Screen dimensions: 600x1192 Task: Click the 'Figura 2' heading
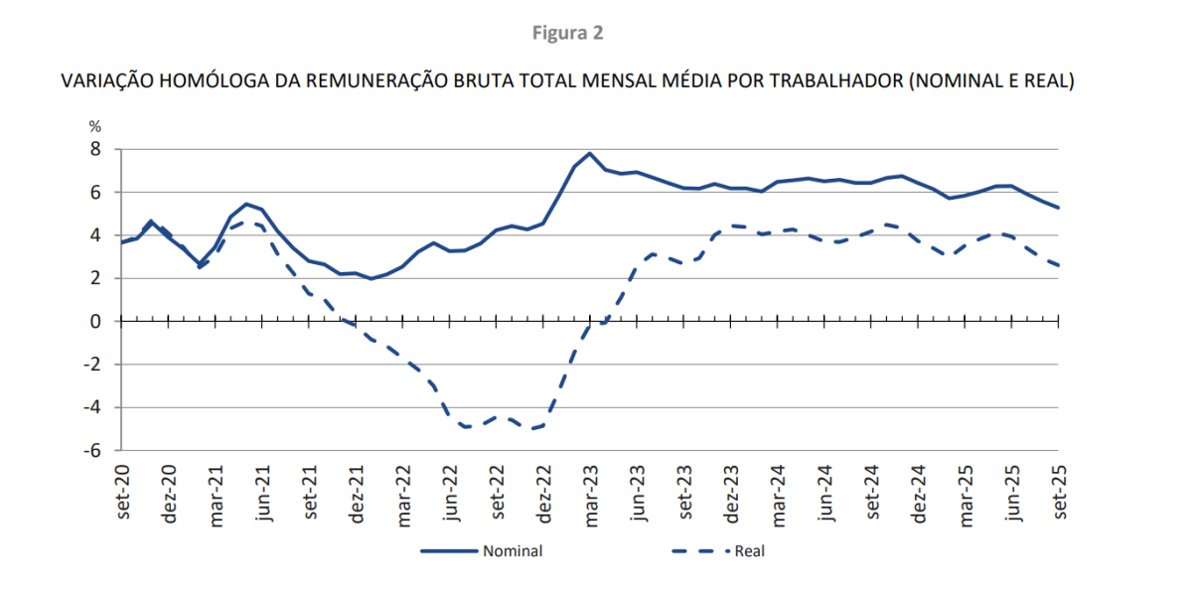coord(567,33)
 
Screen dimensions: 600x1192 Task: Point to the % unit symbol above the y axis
coord(95,127)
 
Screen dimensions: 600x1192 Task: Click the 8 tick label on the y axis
coord(96,149)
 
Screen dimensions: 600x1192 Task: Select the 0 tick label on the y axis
coord(96,321)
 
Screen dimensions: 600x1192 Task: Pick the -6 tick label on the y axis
coord(93,450)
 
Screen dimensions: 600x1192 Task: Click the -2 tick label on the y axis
coord(93,365)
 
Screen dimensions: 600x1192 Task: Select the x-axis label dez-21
coord(357,493)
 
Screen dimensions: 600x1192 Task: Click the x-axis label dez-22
coord(544,493)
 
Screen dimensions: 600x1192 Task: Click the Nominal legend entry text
coord(513,551)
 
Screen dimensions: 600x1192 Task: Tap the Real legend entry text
coord(749,551)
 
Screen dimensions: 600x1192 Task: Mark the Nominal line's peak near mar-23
coord(590,153)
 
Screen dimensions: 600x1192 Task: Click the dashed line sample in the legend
coord(699,551)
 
